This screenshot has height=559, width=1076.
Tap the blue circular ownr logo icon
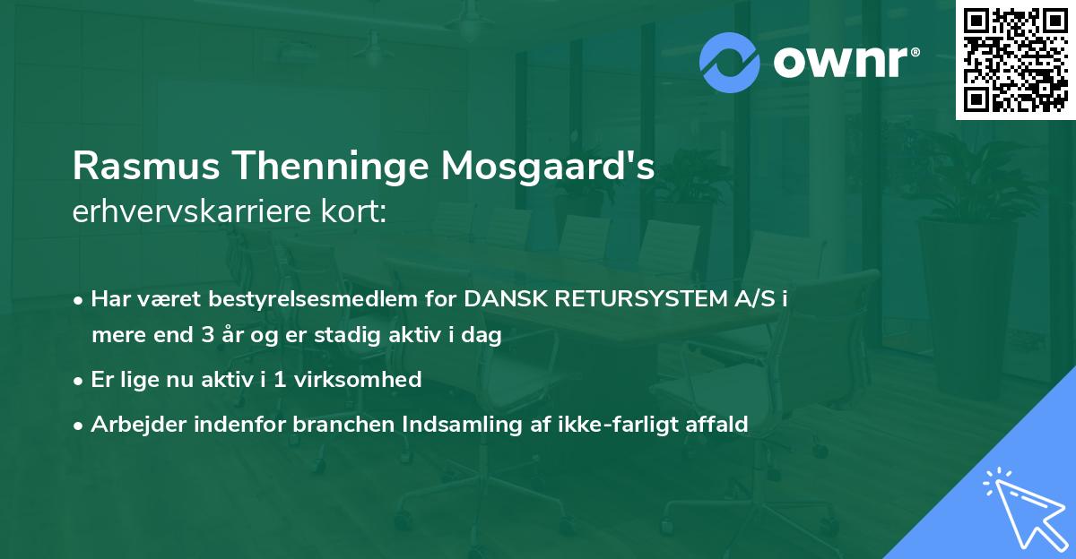coord(730,63)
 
